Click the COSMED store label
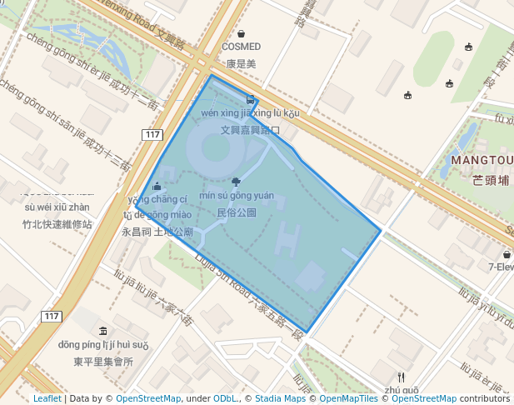[x=241, y=47]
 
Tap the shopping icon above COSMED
[x=241, y=34]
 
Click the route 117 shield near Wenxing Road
[x=151, y=135]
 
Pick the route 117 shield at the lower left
[x=52, y=316]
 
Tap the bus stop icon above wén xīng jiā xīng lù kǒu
[x=250, y=99]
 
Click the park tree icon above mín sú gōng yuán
[x=236, y=181]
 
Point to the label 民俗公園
[x=236, y=212]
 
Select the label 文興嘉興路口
[x=249, y=131]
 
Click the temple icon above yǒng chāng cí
[x=157, y=186]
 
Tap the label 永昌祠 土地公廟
[x=157, y=232]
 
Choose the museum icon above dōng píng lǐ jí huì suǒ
[x=102, y=331]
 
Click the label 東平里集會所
[x=103, y=362]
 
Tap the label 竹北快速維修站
[x=57, y=224]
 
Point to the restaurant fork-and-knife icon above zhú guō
[x=402, y=377]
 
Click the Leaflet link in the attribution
[x=47, y=399]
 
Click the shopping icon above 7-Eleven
[x=507, y=254]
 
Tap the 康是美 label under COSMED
[x=241, y=63]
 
